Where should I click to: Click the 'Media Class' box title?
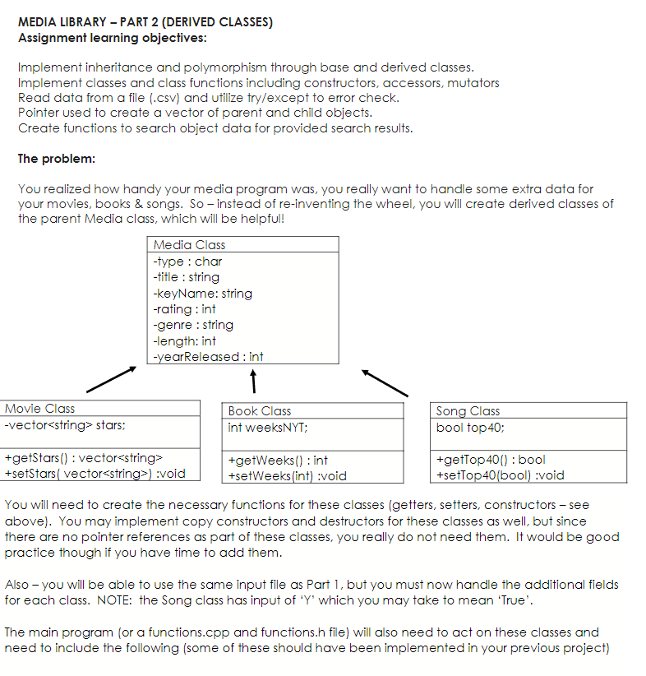(189, 245)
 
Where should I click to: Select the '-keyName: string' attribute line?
(202, 294)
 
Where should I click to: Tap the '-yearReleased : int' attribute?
(208, 357)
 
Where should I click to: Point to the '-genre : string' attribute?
(193, 325)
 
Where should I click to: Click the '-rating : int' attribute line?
(184, 309)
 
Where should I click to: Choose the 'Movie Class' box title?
(39, 409)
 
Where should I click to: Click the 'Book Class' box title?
(260, 411)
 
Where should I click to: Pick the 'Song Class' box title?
(468, 411)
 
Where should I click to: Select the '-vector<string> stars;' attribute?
(65, 425)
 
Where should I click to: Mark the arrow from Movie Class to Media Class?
(110, 380)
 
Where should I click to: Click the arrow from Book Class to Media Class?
(255, 382)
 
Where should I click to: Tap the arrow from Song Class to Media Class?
(385, 382)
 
